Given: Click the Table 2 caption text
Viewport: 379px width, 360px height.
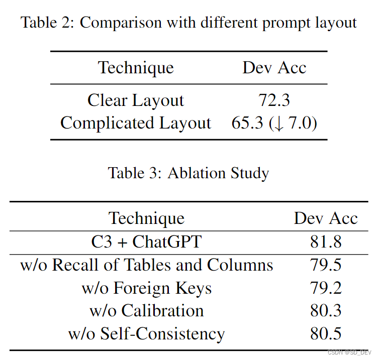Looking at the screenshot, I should (x=189, y=23).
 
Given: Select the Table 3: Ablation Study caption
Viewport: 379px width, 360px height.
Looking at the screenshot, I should (x=188, y=173).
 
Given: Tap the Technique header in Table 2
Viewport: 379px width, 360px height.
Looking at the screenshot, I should (x=136, y=68).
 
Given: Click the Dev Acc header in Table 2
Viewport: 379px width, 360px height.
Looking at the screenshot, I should (x=274, y=68).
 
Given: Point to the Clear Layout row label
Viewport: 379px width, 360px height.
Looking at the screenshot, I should (x=136, y=100).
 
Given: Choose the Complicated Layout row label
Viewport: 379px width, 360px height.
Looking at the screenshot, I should (x=136, y=123).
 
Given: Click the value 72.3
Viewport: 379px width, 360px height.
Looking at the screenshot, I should (x=274, y=100).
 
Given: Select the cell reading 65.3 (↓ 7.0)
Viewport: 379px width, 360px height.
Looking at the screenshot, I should (x=274, y=123).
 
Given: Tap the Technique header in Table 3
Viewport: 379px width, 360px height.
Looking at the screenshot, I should (x=146, y=218).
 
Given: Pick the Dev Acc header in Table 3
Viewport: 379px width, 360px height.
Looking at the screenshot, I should (x=325, y=218).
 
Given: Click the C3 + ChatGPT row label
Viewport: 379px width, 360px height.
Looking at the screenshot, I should (x=146, y=242).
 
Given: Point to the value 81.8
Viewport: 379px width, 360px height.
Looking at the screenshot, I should (x=325, y=242).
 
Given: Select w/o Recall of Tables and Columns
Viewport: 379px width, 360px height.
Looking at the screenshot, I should (x=146, y=265).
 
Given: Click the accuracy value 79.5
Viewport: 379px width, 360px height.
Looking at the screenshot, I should (x=325, y=265).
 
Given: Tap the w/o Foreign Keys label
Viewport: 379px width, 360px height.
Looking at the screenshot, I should (x=146, y=288).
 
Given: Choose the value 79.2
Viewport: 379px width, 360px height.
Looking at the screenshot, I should (x=325, y=288).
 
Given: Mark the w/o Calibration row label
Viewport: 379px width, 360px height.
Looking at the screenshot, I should (x=146, y=311).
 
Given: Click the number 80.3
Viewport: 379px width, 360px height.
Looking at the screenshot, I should (x=325, y=311).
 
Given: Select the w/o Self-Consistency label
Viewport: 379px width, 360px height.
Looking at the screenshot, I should (x=146, y=334).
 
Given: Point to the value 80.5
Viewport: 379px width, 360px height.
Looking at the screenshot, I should (x=325, y=334).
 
